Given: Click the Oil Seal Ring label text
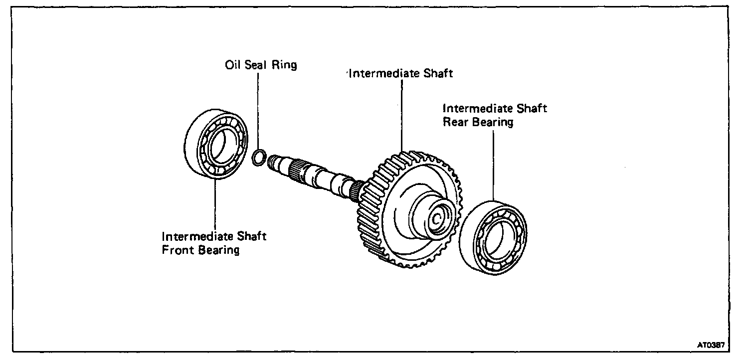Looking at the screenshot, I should pyautogui.click(x=259, y=65).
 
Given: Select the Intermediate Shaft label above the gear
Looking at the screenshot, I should pyautogui.click(x=400, y=74).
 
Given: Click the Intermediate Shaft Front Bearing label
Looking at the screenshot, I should pyautogui.click(x=214, y=242).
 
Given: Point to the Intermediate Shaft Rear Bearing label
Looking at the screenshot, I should pyautogui.click(x=495, y=115).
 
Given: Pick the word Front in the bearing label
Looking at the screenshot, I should pyautogui.click(x=180, y=249).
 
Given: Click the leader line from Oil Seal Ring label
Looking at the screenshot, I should pyautogui.click(x=259, y=110).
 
